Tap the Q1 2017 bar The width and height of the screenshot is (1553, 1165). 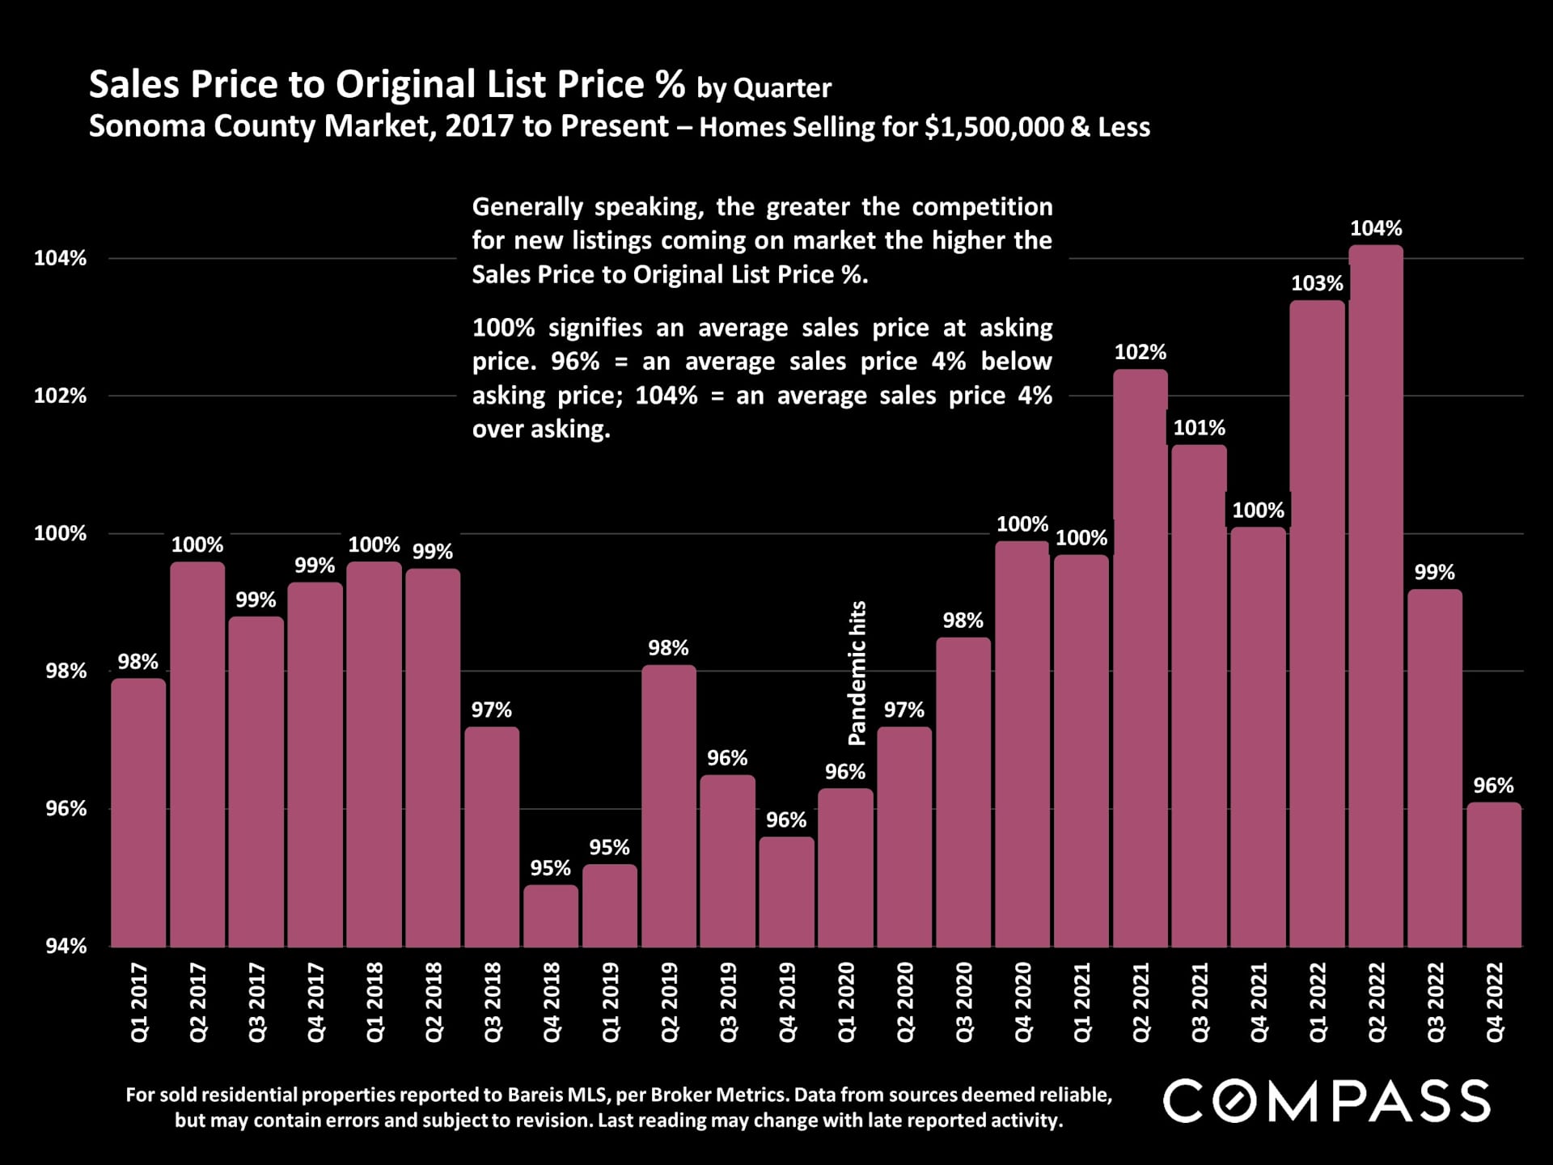pos(138,812)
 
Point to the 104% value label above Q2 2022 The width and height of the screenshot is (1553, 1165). pos(1376,229)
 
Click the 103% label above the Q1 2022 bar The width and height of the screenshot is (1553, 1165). pos(1317,284)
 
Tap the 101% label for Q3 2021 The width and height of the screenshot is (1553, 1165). pos(1199,428)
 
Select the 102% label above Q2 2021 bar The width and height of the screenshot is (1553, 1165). pos(1140,353)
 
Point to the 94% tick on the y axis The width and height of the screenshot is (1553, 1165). pos(60,946)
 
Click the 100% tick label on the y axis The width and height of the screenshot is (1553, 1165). pos(60,534)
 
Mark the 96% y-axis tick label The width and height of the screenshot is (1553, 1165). pos(60,809)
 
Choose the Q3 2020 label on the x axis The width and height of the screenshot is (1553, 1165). pos(963,1002)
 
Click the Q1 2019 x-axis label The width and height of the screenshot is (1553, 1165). pos(610,1002)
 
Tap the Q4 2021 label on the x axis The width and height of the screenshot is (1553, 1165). pos(1258,1002)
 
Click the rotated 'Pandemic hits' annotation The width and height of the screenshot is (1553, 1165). pos(857,672)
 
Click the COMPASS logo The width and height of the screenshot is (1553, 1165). pos(1327,1101)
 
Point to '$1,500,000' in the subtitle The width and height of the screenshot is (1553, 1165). pos(993,128)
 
